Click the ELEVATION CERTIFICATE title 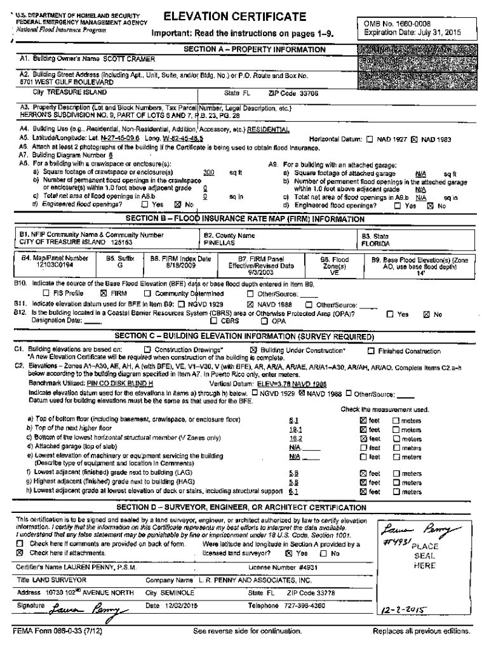(x=234, y=17)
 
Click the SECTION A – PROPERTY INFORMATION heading (x=254, y=49)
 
